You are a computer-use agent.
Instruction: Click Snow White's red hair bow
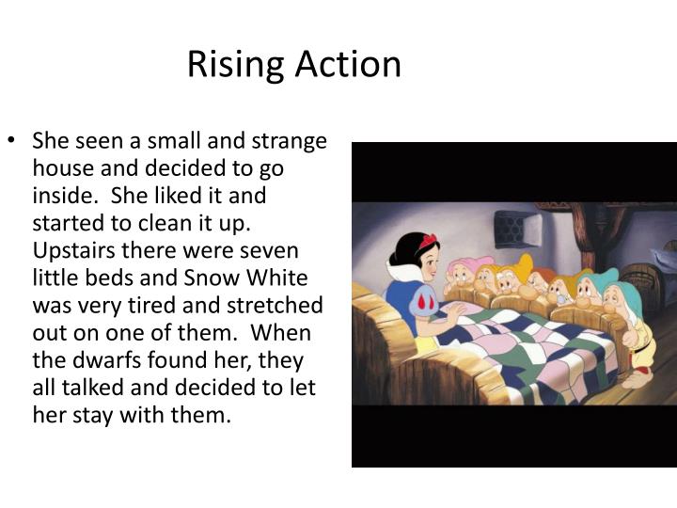(429, 242)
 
